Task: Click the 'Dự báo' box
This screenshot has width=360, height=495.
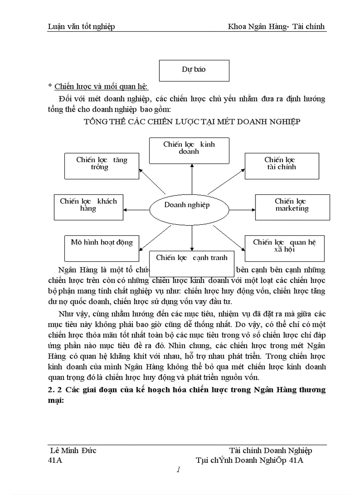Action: [194, 70]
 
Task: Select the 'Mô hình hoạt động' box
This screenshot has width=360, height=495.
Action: [101, 248]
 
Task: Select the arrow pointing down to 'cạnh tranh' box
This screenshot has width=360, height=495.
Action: [192, 238]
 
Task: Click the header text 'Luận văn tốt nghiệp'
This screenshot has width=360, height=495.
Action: [81, 26]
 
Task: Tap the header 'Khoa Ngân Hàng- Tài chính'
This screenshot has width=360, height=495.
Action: [276, 26]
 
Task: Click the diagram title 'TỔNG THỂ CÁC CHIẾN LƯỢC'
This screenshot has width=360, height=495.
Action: [192, 122]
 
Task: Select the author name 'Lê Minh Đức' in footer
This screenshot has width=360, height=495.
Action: [74, 450]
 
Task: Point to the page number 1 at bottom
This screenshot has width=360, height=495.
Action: [178, 470]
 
